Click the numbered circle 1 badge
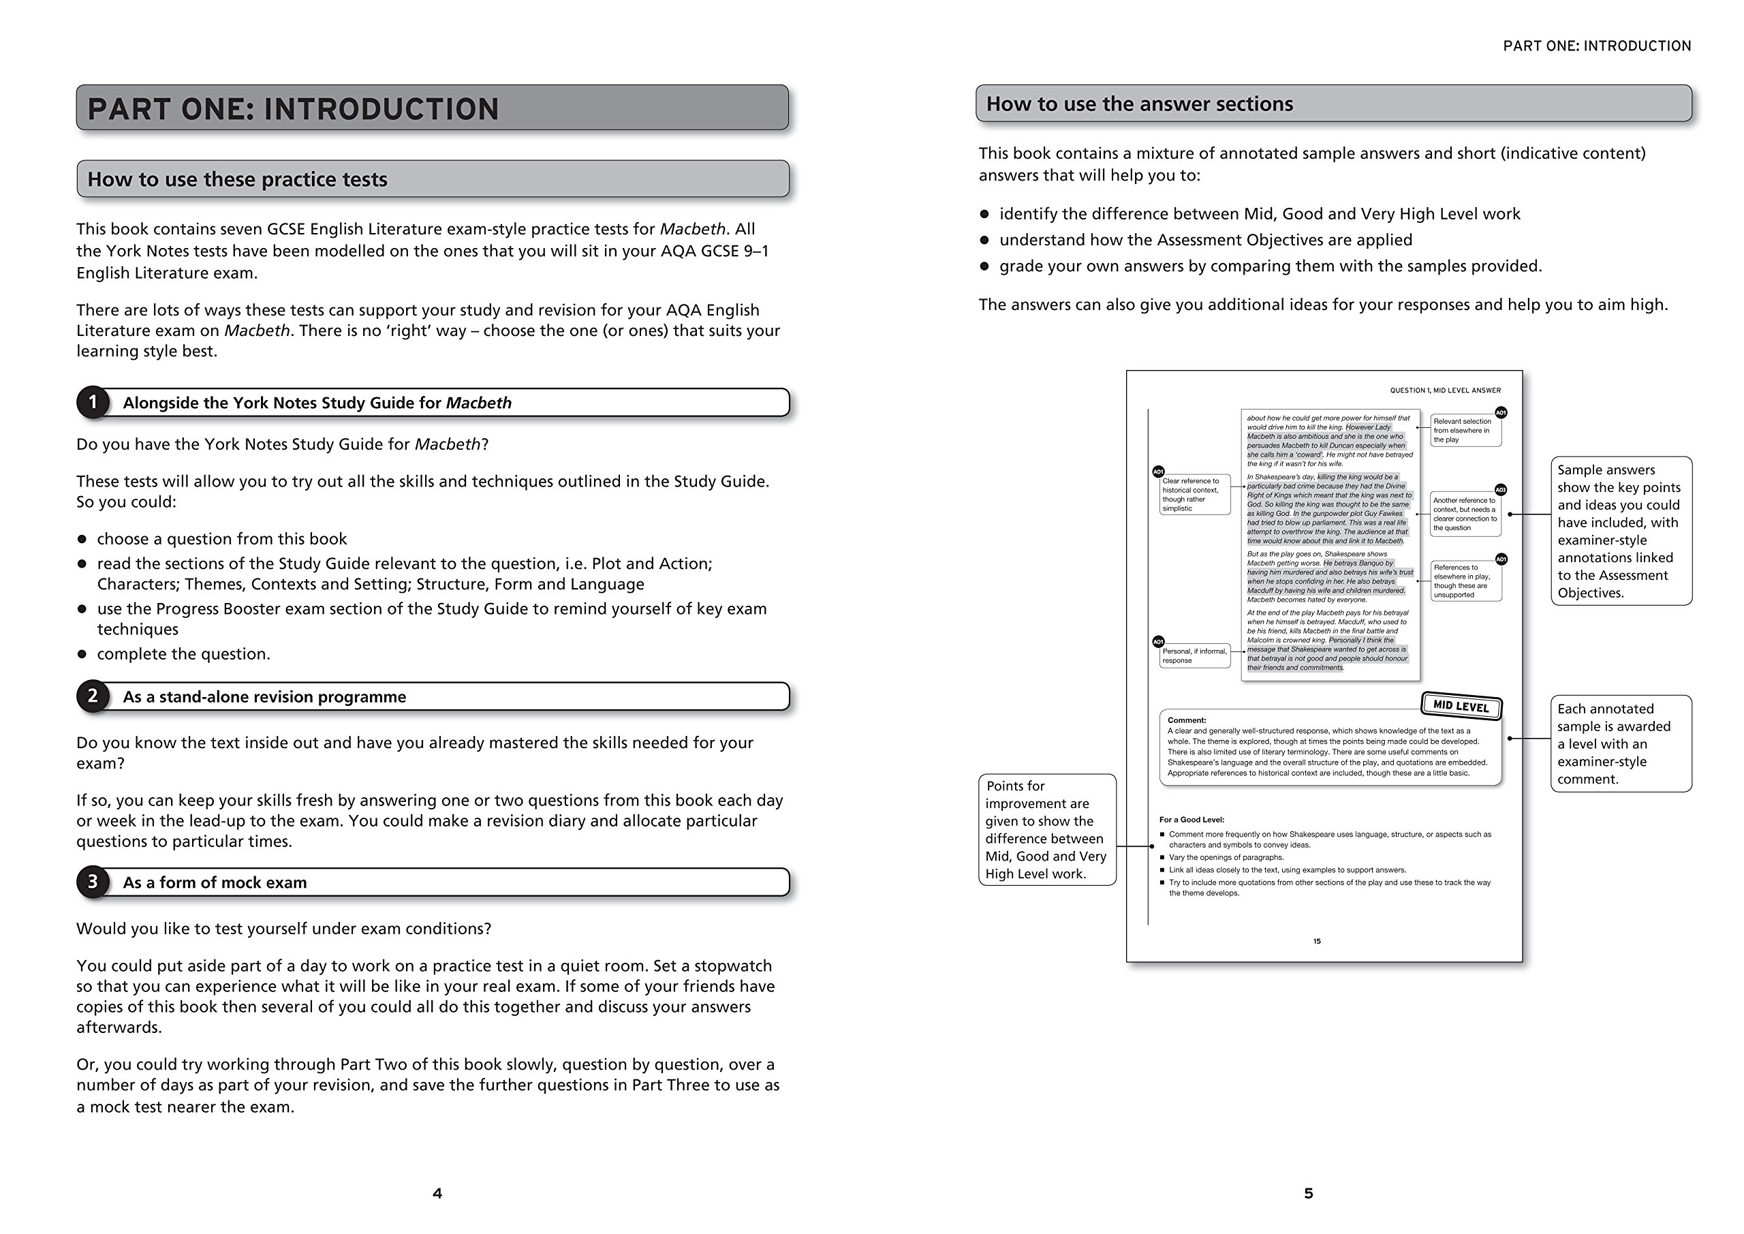pos(93,402)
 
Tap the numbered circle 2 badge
pos(93,696)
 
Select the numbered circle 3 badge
pos(93,882)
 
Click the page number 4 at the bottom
pos(437,1194)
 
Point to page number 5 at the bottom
pos(1308,1194)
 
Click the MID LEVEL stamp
pos(1461,706)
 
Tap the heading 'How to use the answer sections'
pos(1139,104)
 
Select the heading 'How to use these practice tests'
pos(237,179)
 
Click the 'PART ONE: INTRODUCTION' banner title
pos(293,108)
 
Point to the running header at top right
pos(1597,46)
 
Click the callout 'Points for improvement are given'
pos(1046,830)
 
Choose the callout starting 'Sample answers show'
pos(1620,531)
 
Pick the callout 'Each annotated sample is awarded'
pos(1620,744)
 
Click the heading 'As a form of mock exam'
pos(215,882)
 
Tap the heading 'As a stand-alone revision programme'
pos(264,697)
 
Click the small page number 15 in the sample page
pos(1317,942)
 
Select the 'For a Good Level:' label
pos(1191,820)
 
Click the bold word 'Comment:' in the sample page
pos(1187,720)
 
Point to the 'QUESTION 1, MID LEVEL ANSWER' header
pos(1445,390)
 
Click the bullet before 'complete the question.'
pos(82,654)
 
